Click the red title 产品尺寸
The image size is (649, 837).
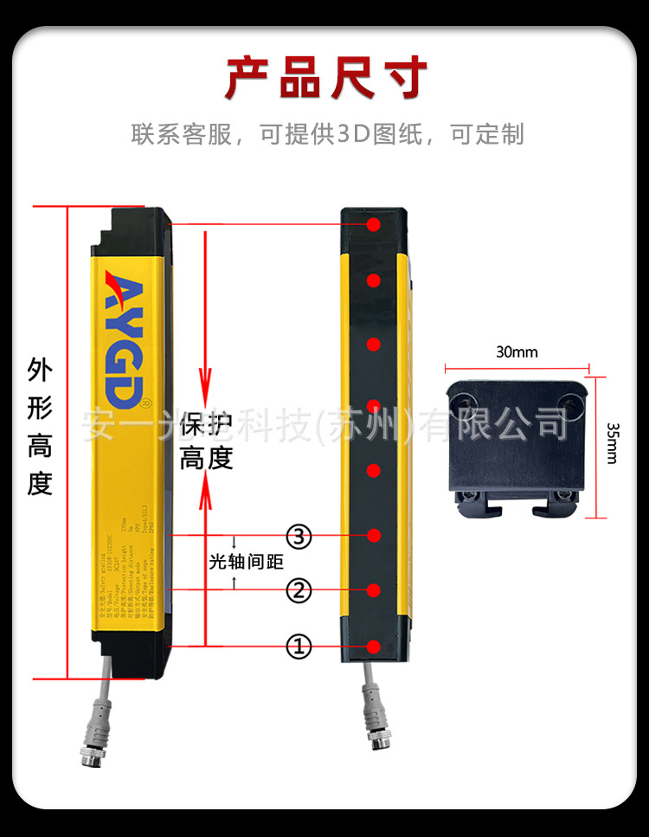click(x=326, y=78)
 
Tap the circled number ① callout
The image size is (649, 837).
click(x=299, y=646)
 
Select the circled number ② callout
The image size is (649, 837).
click(x=299, y=591)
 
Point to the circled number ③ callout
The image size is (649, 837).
click(x=299, y=537)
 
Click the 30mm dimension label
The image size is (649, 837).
click(x=517, y=352)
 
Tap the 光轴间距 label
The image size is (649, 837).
click(x=247, y=562)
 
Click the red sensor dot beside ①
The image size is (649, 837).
click(x=374, y=647)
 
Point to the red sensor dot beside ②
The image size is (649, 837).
click(x=374, y=590)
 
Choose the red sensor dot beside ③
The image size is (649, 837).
click(x=374, y=536)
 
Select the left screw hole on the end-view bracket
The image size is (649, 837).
click(x=466, y=402)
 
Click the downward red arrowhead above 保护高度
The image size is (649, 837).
click(x=205, y=380)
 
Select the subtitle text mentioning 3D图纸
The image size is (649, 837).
click(x=326, y=134)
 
